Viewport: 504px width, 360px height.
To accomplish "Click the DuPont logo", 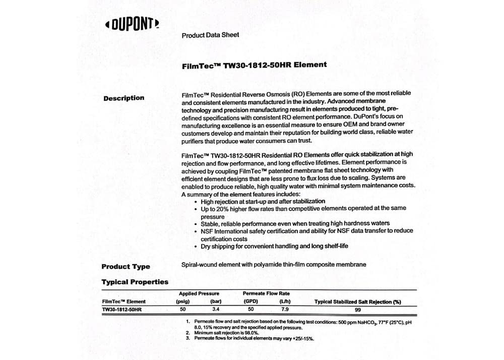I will [x=132, y=24].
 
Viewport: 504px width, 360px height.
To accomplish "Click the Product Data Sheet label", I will [x=210, y=35].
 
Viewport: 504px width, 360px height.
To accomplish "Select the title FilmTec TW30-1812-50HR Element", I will [x=254, y=65].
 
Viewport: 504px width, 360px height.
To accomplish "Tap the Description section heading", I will [x=123, y=98].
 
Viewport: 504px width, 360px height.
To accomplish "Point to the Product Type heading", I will [x=125, y=267].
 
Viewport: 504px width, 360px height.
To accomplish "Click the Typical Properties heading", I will [x=135, y=282].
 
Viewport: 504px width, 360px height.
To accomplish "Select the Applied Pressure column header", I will [x=199, y=293].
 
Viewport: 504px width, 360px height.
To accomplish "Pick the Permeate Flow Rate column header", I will [x=266, y=293].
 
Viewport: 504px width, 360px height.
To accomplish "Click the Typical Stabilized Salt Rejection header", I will [x=357, y=302].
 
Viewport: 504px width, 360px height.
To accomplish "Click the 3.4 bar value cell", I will [x=216, y=310].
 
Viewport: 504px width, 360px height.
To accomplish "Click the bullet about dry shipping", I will [x=274, y=247].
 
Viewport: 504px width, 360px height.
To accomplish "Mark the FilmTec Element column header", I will [x=123, y=302].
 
